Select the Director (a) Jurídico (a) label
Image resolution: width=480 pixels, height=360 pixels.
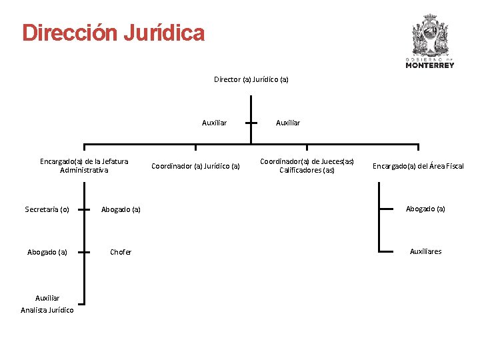coord(251,79)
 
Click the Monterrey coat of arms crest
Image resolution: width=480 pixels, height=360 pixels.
coord(430,36)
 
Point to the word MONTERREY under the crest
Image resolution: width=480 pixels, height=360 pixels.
coord(430,65)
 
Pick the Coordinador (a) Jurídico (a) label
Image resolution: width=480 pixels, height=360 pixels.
coord(195,166)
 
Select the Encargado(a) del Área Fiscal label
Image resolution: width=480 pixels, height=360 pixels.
coord(418,166)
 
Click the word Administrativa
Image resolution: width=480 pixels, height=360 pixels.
coord(84,170)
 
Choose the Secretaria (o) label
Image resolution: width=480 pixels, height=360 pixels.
coord(47,209)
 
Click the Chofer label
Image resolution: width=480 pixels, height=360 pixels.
coord(121,252)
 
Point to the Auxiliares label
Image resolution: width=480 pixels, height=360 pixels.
coord(425,251)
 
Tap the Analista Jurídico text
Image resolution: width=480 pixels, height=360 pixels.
coord(47,310)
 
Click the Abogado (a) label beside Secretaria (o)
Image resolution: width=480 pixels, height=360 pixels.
coord(121,209)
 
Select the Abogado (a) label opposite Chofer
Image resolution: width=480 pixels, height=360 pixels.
coord(47,252)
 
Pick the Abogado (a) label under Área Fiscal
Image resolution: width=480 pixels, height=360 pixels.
coord(425,209)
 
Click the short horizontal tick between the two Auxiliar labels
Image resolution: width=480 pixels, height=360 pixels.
coord(251,123)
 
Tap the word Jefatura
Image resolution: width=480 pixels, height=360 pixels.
coord(111,161)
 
